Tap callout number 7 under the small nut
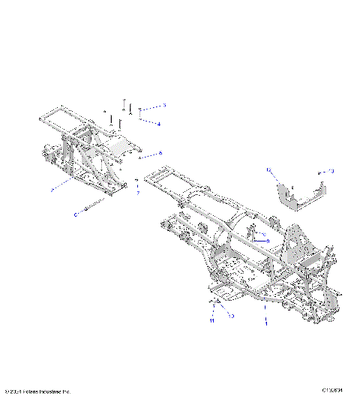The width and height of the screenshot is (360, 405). (x=137, y=193)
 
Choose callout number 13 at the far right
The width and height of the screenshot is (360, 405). (x=332, y=172)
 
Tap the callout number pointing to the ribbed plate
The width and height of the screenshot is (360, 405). (x=160, y=152)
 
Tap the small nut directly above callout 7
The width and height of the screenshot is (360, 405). (x=136, y=181)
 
